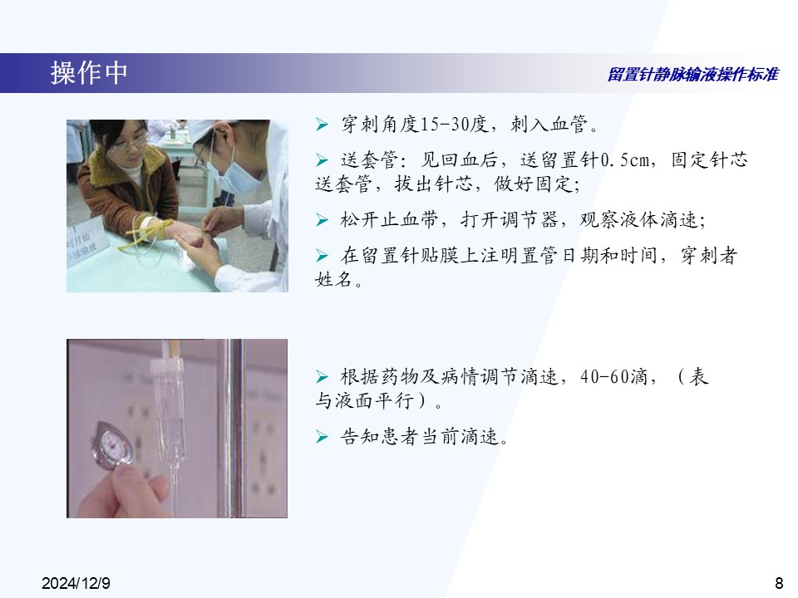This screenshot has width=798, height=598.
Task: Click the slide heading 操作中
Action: coord(89,73)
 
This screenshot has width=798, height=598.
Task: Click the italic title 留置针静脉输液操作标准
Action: coord(692,75)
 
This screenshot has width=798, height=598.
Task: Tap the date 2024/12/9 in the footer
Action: coord(76,583)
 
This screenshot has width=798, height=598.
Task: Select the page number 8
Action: coord(779,583)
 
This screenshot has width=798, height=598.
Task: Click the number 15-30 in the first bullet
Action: coord(446,124)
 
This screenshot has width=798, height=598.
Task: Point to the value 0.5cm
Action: coord(625,160)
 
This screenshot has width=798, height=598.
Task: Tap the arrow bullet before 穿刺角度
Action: coord(322,124)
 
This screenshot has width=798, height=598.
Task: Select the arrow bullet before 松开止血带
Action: coord(322,219)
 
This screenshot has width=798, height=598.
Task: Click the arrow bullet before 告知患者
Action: coord(322,436)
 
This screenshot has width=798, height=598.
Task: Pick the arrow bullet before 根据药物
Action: coord(322,377)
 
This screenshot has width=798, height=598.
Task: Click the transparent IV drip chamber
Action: coord(167,407)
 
